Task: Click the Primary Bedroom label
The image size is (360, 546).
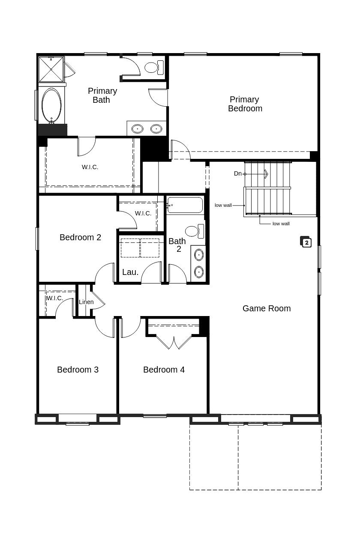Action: pos(245,104)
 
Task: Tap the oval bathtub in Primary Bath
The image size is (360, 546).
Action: pos(51,105)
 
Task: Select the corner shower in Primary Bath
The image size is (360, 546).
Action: pos(51,69)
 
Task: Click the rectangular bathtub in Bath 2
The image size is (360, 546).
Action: pos(185,205)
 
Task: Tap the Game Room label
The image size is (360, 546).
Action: pos(267,308)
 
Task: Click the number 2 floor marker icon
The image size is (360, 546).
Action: pos(306,242)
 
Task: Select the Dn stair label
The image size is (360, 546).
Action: pos(238,173)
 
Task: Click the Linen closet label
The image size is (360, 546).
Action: pos(86,302)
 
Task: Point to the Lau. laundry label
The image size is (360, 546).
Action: pos(130,272)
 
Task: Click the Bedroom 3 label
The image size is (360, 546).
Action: pos(78,370)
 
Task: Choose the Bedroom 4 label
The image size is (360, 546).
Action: pos(164,370)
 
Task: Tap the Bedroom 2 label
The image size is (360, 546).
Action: pos(80,237)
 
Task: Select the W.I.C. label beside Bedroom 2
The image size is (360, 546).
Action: pos(143,213)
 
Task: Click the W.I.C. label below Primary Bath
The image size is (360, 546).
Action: pos(90,167)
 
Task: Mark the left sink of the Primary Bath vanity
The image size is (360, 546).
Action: pos(137,128)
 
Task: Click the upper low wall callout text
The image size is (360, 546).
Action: pos(223,206)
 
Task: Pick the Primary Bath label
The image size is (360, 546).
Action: pos(102,95)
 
